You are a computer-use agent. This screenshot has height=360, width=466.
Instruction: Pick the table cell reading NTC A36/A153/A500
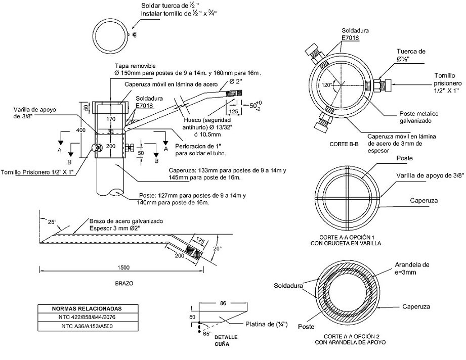click(87, 327)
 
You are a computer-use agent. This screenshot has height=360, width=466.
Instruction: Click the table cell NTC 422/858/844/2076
click(87, 317)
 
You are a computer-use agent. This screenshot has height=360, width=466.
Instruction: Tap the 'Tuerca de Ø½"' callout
click(411, 55)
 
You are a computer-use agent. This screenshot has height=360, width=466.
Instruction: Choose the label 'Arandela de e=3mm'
click(412, 267)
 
